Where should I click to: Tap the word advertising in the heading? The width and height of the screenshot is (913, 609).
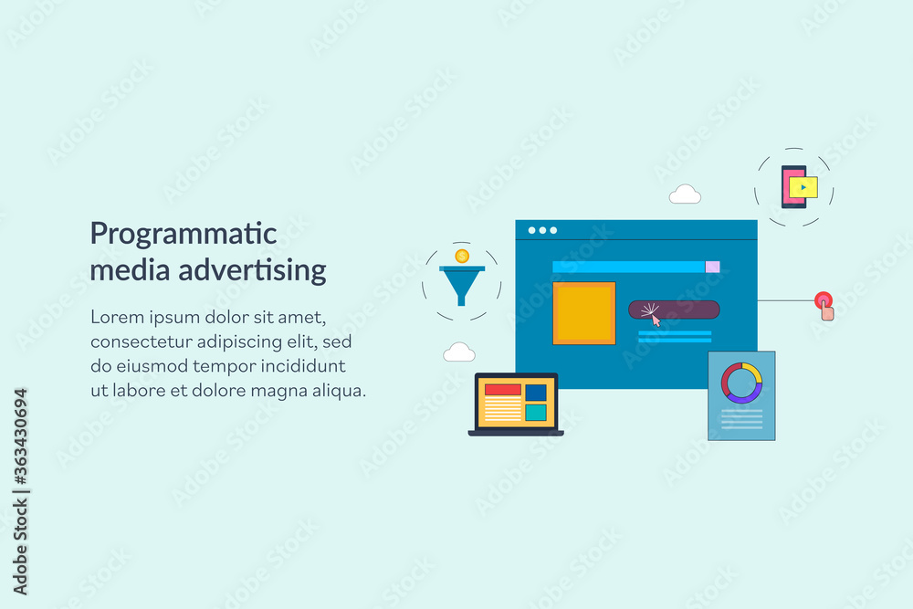[252, 270]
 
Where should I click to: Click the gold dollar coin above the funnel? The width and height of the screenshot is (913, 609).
[462, 257]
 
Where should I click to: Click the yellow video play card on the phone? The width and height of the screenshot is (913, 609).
[803, 187]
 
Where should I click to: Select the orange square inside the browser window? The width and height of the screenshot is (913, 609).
[584, 313]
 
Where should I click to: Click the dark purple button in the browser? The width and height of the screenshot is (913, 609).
[674, 310]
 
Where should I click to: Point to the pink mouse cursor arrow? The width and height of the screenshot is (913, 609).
[656, 320]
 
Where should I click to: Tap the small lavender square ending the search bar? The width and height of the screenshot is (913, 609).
[712, 267]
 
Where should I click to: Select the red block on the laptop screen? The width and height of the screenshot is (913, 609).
[502, 390]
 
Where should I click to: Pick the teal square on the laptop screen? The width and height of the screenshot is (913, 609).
[536, 413]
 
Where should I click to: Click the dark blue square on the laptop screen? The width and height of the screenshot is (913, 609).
[536, 393]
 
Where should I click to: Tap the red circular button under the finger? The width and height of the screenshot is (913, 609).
[824, 300]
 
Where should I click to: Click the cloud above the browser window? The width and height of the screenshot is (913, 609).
[685, 194]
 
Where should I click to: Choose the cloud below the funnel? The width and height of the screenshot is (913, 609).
[459, 352]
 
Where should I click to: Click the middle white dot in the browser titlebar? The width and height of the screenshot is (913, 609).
[542, 231]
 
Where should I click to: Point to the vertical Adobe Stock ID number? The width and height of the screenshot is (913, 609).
[20, 436]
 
